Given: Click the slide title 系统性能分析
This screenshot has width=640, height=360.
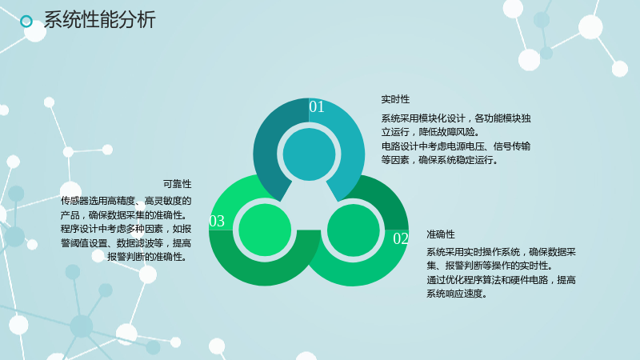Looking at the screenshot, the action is [99, 20].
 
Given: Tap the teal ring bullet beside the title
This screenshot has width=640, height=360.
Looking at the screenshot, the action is [26, 22].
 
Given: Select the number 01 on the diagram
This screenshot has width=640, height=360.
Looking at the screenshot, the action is [317, 107].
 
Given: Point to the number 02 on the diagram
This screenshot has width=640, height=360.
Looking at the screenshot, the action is [401, 238].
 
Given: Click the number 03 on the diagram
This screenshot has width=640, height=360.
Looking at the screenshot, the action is [217, 222].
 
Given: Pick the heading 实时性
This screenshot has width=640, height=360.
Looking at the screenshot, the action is [395, 99].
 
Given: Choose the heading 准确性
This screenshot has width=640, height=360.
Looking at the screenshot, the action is [441, 234].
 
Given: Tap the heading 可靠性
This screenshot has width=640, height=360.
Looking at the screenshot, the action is [177, 184].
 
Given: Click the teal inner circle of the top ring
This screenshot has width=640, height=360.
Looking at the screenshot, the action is [309, 154].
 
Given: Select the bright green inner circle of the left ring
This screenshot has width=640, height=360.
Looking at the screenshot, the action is [265, 230].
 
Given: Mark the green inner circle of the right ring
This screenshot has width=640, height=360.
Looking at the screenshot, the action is [354, 230].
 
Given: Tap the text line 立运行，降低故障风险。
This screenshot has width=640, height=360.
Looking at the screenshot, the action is [430, 132].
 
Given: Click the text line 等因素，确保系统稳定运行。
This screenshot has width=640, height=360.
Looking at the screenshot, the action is [440, 160].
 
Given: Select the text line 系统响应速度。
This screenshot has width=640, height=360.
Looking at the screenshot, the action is [457, 294].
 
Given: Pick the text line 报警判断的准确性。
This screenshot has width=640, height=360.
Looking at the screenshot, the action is [149, 257].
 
